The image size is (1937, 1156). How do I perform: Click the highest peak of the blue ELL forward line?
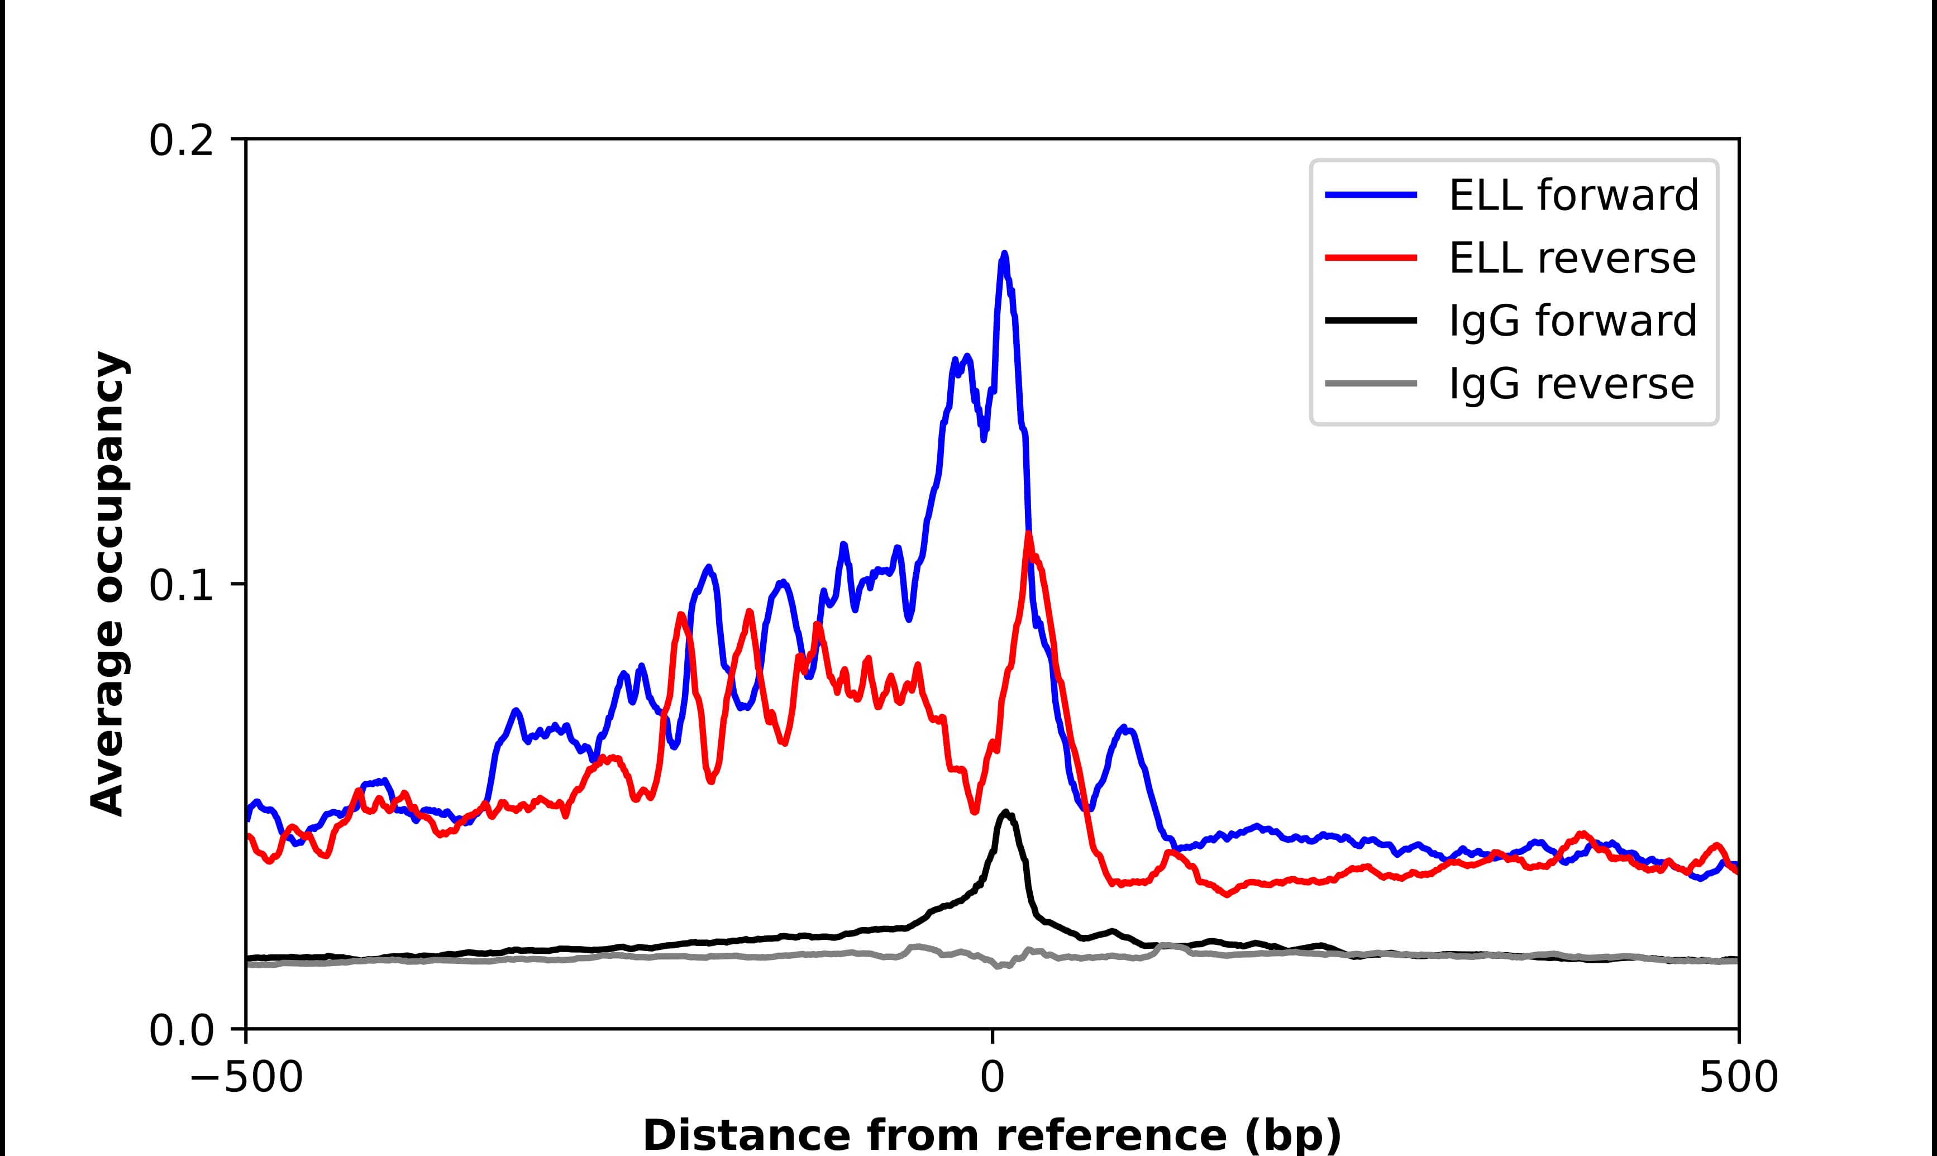1004,254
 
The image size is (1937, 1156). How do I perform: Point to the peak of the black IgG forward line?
1005,813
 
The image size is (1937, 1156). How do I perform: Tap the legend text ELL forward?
1573,195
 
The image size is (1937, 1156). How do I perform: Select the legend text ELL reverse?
1572,259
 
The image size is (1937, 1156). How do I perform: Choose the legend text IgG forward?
1572,321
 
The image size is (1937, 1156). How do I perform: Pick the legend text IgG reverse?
1571,384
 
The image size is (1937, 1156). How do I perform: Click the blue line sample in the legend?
1371,195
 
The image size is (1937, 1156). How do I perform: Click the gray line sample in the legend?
1371,383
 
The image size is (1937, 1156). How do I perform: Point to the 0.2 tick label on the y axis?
181,142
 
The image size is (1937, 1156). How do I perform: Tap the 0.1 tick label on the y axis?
181,586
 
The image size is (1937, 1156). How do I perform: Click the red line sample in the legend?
1371,258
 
